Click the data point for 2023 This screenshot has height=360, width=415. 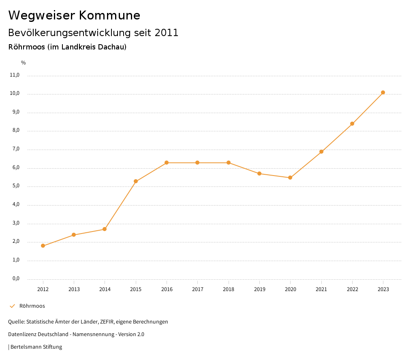pyautogui.click(x=383, y=92)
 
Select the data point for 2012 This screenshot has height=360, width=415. pyautogui.click(x=43, y=246)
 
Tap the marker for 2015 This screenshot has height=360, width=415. pyautogui.click(x=136, y=181)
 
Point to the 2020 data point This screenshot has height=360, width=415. pyautogui.click(x=290, y=178)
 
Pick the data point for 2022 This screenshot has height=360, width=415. pyautogui.click(x=352, y=124)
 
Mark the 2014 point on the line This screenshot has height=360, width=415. pyautogui.click(x=105, y=229)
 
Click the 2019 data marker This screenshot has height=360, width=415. pyautogui.click(x=259, y=174)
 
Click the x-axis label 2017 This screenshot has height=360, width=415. pyautogui.click(x=198, y=289)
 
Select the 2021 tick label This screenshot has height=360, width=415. pyautogui.click(x=321, y=289)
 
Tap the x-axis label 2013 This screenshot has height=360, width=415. pyautogui.click(x=74, y=289)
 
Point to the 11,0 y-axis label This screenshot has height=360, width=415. pyautogui.click(x=15, y=75)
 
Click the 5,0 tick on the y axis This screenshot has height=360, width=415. pyautogui.click(x=16, y=186)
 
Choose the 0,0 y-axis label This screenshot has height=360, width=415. pyautogui.click(x=16, y=279)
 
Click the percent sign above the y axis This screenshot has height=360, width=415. pyautogui.click(x=24, y=63)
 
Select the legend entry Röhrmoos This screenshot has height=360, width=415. pyautogui.click(x=32, y=306)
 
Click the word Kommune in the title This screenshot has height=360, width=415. pyautogui.click(x=109, y=15)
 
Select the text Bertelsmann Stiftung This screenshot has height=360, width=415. pyautogui.click(x=36, y=347)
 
